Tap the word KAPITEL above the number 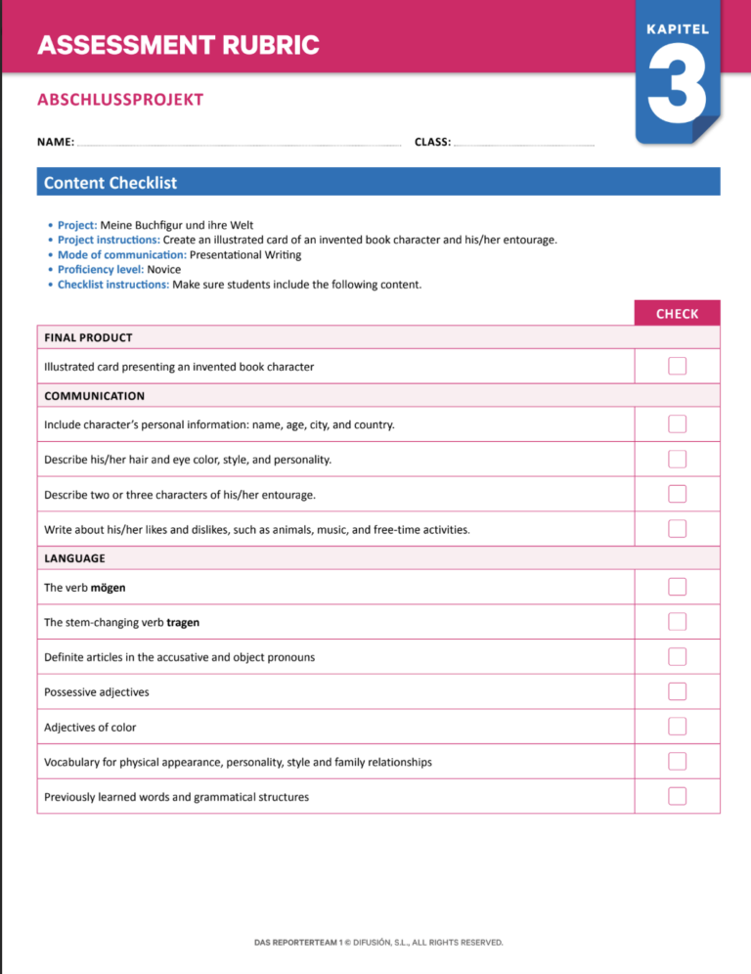[678, 29]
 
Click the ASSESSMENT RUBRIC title [178, 45]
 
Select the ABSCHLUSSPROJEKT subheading [120, 100]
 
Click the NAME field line [239, 144]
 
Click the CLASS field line [524, 144]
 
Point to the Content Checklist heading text [110, 182]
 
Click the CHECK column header [678, 314]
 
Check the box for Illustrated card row [678, 366]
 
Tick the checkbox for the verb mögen [678, 587]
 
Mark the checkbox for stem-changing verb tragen [678, 622]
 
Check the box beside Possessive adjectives [678, 691]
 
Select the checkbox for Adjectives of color [678, 727]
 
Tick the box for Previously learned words [678, 796]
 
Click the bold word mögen [109, 588]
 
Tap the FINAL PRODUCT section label [88, 337]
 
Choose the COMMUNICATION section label [94, 396]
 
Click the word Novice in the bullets [163, 269]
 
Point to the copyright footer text [378, 943]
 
